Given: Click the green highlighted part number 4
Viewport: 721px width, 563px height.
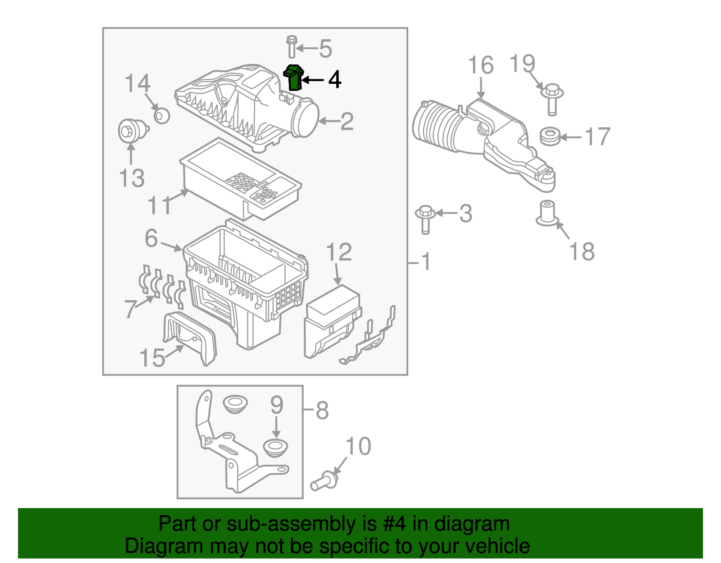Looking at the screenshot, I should [x=293, y=78].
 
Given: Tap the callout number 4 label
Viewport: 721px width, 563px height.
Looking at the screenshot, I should [x=334, y=80].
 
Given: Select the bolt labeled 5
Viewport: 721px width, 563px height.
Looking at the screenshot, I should [x=291, y=46].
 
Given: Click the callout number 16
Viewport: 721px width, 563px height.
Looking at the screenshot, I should [x=480, y=65].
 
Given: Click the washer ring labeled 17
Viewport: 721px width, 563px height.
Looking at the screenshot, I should [x=550, y=137].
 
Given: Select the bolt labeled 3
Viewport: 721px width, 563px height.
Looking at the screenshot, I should [x=424, y=218].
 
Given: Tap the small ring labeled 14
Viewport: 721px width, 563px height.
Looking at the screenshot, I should [x=161, y=115].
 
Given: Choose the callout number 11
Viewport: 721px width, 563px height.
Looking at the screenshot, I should [x=160, y=206].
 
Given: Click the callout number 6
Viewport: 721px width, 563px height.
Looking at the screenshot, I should [x=151, y=238].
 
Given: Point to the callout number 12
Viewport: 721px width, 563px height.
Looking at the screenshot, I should [x=338, y=252].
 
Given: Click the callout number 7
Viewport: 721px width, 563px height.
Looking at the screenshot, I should [x=130, y=309].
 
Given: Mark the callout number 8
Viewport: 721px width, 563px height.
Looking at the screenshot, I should [x=322, y=410].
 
